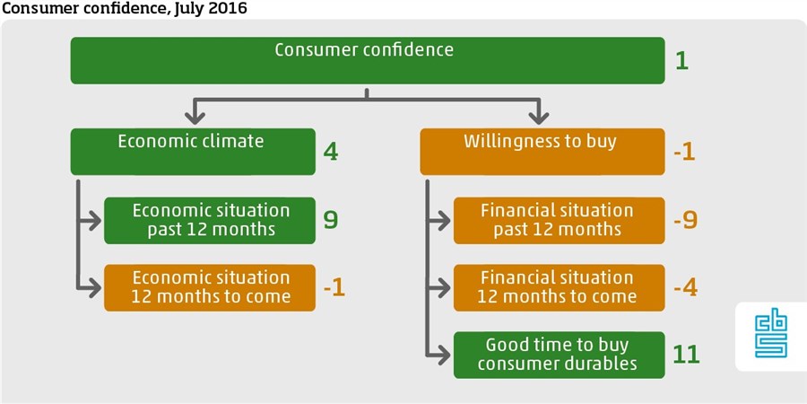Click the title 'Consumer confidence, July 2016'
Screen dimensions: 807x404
pyautogui.click(x=125, y=8)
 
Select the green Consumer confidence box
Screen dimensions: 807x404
pyautogui.click(x=368, y=60)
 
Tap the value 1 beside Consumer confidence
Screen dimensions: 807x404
pyautogui.click(x=682, y=61)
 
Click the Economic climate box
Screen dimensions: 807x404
pyautogui.click(x=193, y=152)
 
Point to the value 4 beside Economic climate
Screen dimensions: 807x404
pyautogui.click(x=331, y=152)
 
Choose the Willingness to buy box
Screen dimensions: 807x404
pyautogui.click(x=542, y=152)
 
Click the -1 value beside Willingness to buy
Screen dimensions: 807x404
pyautogui.click(x=685, y=152)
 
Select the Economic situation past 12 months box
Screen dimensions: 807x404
pyautogui.click(x=210, y=220)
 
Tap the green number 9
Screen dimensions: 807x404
pyautogui.click(x=331, y=220)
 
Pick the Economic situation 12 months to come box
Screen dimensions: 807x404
pyautogui.click(x=210, y=287)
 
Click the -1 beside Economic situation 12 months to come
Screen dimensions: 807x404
pyautogui.click(x=334, y=288)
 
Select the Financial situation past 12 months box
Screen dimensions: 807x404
pyautogui.click(x=559, y=220)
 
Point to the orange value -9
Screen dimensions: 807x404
pyautogui.click(x=686, y=220)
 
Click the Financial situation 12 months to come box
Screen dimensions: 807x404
pyautogui.click(x=559, y=287)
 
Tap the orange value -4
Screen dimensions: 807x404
pyautogui.click(x=686, y=288)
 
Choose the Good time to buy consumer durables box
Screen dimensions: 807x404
pyautogui.click(x=559, y=355)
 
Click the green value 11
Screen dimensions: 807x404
pyautogui.click(x=687, y=355)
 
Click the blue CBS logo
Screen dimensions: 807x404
pyautogui.click(x=771, y=337)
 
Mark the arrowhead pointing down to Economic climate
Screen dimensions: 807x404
pyautogui.click(x=195, y=118)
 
